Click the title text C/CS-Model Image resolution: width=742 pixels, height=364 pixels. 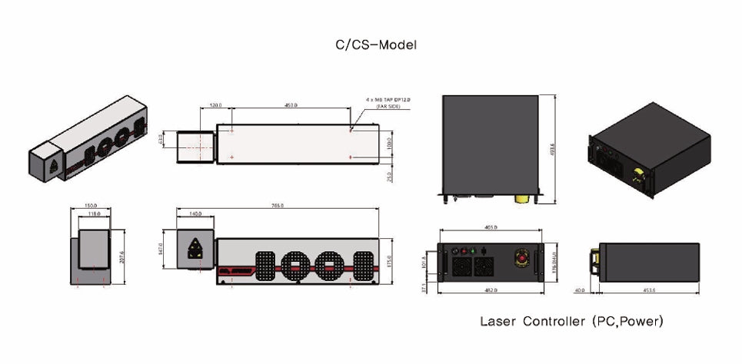click(x=371, y=45)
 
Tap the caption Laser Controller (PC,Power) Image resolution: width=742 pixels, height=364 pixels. click(x=571, y=321)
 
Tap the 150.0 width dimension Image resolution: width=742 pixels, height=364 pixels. click(x=91, y=206)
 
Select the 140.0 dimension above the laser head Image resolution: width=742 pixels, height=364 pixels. click(x=196, y=215)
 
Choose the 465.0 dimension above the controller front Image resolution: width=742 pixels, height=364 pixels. click(x=491, y=228)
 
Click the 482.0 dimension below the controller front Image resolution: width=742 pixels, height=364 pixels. click(x=491, y=290)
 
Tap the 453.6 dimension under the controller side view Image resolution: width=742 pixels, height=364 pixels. click(x=647, y=290)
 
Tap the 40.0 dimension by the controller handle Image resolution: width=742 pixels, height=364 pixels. click(x=578, y=290)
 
